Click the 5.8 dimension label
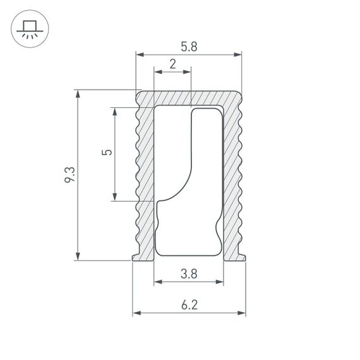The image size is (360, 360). point(189,46)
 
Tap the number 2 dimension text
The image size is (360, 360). point(172,64)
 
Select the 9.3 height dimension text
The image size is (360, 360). point(70,175)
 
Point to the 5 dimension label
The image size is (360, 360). point(107,153)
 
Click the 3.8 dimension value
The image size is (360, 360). point(188,273)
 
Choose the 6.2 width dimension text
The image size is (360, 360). point(189,305)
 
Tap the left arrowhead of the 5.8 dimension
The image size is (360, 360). point(140,55)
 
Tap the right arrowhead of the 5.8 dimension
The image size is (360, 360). point(238,55)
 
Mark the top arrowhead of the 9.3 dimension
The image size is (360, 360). point(78,94)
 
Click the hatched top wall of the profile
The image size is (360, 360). point(189,97)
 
